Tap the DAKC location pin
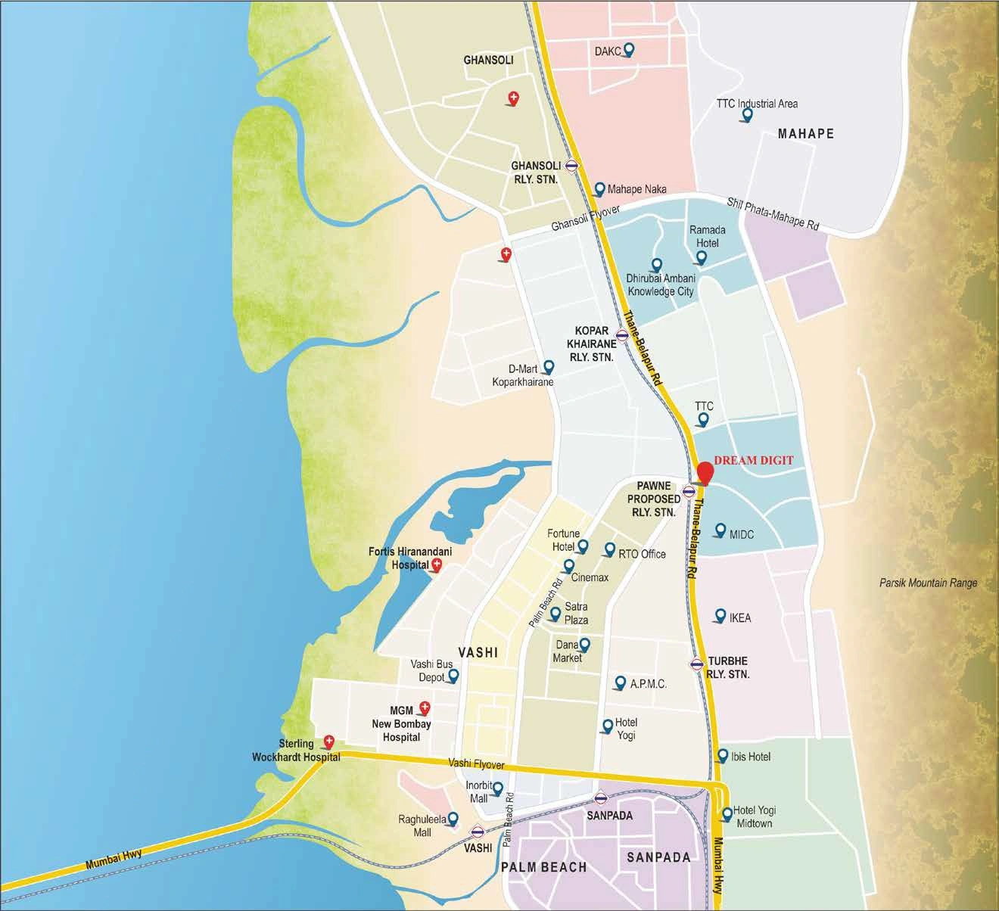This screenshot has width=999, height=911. click(627, 51)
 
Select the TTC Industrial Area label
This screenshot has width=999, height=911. click(756, 103)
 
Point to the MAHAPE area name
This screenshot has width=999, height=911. click(805, 134)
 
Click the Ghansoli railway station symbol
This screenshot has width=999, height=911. click(572, 164)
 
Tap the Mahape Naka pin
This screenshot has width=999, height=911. click(599, 188)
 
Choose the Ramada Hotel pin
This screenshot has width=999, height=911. click(701, 257)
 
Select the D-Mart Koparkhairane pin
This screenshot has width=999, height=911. click(549, 367)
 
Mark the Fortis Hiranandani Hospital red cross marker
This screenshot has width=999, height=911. click(436, 565)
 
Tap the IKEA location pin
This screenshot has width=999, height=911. click(718, 616)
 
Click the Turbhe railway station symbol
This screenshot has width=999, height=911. click(696, 664)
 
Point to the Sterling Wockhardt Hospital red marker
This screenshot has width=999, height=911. click(328, 742)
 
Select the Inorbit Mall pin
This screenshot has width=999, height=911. click(497, 789)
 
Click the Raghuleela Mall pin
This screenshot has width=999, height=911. click(453, 819)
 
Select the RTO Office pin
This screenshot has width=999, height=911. click(608, 549)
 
